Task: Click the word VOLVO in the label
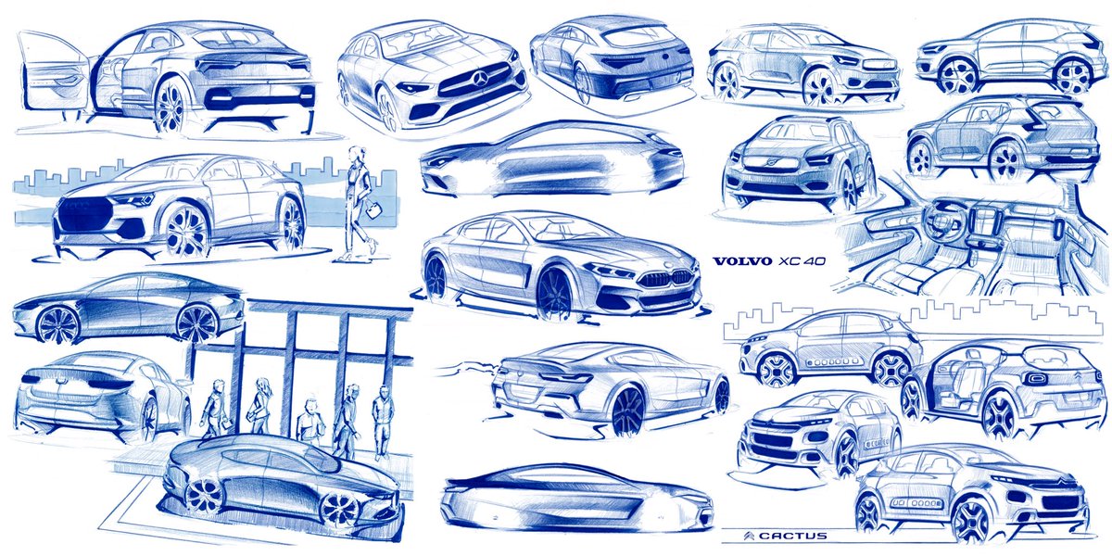pos(740,261)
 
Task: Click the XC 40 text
pos(802,261)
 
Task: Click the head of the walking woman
pos(356,155)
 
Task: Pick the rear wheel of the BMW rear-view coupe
pos(627,411)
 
